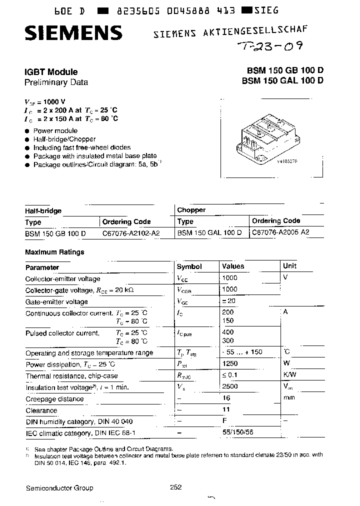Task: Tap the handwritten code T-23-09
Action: (268, 47)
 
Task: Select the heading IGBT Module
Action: (51, 72)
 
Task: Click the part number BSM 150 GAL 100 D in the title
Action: (282, 81)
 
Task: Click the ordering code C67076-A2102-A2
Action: (131, 233)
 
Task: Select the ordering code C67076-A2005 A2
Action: (280, 232)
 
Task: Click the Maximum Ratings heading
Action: (54, 252)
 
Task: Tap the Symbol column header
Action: (189, 267)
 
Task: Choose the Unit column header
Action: (289, 266)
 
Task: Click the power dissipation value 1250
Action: (230, 363)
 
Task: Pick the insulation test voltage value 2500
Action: (230, 386)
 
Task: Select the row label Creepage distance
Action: (54, 399)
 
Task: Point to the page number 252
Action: (175, 487)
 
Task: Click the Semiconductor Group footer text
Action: (59, 488)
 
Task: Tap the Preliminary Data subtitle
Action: (56, 82)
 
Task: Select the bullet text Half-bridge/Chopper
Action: (64, 139)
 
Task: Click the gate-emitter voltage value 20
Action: (231, 301)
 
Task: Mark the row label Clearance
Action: (41, 410)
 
